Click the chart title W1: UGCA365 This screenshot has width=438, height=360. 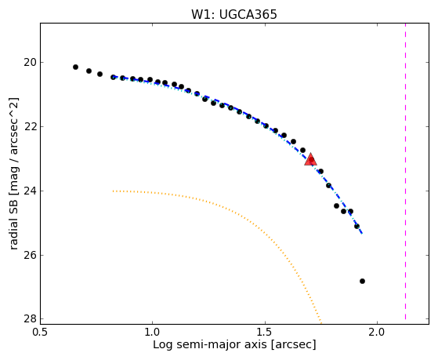(234, 14)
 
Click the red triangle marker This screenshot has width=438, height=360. (310, 159)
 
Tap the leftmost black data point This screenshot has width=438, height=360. (75, 67)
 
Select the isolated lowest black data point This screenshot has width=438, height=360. (362, 281)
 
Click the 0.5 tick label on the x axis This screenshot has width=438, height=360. (41, 332)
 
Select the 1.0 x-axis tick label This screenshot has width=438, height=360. (153, 332)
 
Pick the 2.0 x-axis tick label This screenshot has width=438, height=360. (378, 332)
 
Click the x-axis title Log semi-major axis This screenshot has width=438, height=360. (210, 345)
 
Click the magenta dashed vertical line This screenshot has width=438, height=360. (405, 171)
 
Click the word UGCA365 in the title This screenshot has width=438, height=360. (248, 14)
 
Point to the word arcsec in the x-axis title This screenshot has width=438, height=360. (294, 345)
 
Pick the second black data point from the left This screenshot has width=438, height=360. (89, 71)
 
